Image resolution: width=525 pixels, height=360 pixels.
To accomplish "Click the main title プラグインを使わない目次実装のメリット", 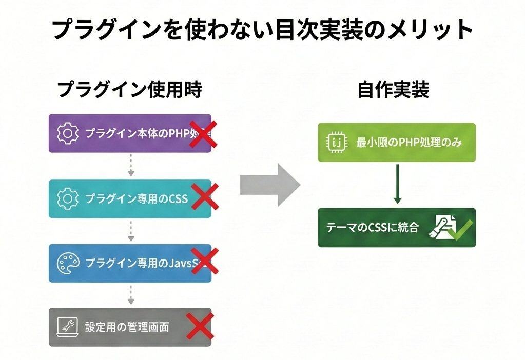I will (x=262, y=30).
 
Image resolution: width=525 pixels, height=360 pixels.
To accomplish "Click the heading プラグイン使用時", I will (x=129, y=90).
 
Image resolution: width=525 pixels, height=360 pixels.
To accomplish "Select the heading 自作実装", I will (x=393, y=90).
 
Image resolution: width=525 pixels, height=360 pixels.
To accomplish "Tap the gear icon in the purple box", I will (x=67, y=133).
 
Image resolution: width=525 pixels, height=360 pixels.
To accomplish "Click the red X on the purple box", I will (x=202, y=133).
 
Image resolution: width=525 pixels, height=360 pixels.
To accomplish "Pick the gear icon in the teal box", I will (x=67, y=198).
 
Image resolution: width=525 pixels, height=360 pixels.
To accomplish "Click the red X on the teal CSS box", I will (x=204, y=197).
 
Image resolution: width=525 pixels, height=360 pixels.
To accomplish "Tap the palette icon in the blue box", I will (x=67, y=263).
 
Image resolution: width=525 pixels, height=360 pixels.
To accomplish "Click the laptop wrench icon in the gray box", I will (x=67, y=327).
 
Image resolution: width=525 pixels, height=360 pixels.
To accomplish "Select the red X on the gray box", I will (x=199, y=326).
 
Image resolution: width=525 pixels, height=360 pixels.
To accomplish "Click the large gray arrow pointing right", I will (x=270, y=185).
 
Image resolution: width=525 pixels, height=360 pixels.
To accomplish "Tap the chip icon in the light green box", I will (x=335, y=142).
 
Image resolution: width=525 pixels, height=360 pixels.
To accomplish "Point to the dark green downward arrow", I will (x=397, y=184).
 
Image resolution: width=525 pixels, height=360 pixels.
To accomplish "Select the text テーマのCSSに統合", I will (x=371, y=228).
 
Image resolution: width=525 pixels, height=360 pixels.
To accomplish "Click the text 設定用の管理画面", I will (x=127, y=327).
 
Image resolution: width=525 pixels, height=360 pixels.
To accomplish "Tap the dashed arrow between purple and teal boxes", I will (x=130, y=165).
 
